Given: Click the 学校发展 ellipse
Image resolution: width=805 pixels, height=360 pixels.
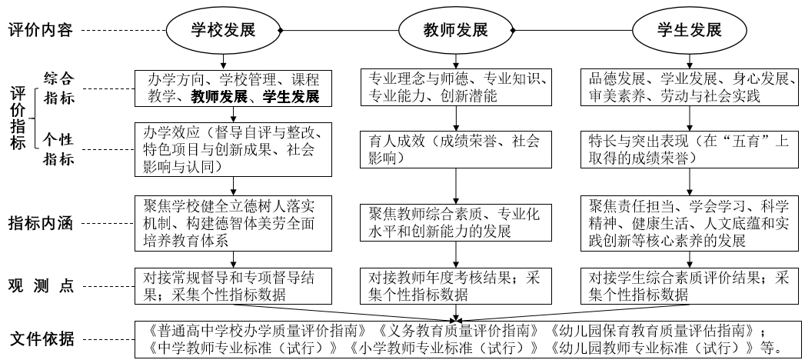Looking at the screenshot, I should (x=223, y=31).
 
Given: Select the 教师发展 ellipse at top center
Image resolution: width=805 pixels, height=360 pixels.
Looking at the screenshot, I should (x=456, y=31).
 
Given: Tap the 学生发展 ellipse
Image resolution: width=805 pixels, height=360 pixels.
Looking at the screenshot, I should (x=689, y=31).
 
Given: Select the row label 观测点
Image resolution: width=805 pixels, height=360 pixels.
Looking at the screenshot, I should (x=41, y=285).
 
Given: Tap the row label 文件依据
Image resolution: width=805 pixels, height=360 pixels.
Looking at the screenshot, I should (x=41, y=338).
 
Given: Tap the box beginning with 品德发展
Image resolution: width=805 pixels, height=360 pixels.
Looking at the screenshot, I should (x=690, y=88).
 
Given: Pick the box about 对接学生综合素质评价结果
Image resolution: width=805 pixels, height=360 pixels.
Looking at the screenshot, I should (x=690, y=285).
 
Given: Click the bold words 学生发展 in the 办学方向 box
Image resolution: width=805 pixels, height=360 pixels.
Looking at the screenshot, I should (x=290, y=97).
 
